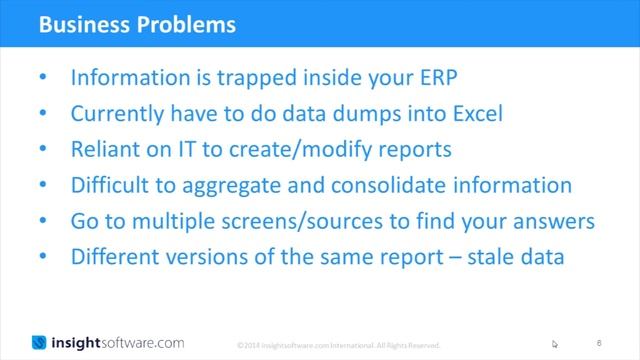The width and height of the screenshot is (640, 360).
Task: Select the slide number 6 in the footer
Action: pyautogui.click(x=611, y=342)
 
